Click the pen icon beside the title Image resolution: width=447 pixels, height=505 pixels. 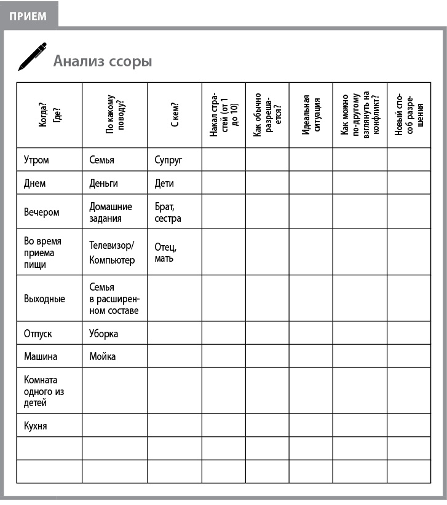(32, 57)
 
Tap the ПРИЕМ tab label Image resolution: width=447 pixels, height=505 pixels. (28, 16)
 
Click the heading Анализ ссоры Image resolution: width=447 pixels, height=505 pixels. (102, 61)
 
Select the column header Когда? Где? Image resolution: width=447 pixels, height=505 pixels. (49, 115)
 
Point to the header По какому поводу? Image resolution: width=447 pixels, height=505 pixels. (114, 115)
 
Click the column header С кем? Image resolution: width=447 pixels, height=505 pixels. (175, 115)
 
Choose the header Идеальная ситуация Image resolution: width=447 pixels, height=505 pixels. (311, 115)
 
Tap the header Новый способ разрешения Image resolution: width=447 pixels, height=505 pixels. (409, 115)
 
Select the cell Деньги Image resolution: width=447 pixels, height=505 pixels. (103, 183)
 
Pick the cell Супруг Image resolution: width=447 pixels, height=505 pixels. (168, 160)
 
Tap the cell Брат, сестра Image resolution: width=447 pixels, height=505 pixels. (168, 213)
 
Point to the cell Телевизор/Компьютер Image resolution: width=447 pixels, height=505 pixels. (112, 252)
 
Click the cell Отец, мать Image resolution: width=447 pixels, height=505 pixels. (165, 252)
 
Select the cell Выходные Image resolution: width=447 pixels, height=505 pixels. (44, 299)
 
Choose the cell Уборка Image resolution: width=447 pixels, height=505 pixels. (103, 334)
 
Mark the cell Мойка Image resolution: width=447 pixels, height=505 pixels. (102, 356)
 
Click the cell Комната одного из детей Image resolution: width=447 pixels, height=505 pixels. (44, 391)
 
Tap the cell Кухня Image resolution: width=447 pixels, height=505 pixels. (35, 426)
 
